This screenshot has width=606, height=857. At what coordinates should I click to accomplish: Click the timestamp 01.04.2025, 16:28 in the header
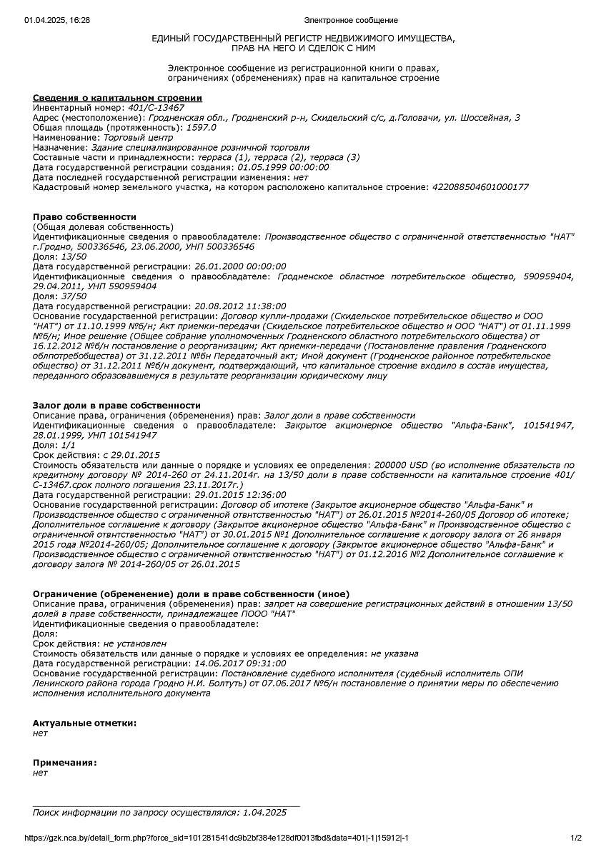[x=57, y=20]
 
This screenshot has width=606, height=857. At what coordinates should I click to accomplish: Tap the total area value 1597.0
[x=201, y=127]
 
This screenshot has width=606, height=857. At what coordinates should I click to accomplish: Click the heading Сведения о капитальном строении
[x=117, y=98]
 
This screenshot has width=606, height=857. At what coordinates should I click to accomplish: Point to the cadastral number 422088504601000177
[x=480, y=186]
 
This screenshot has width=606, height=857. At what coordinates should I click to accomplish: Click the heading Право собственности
[x=84, y=216]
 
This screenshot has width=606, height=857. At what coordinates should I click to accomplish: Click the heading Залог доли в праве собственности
[x=116, y=405]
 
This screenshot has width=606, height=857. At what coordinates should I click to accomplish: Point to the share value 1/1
[x=68, y=445]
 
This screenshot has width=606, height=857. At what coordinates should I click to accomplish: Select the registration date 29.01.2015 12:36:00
[x=240, y=494]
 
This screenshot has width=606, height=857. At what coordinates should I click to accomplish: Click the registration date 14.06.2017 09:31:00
[x=240, y=663]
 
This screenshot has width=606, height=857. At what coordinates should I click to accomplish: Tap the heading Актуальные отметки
[x=84, y=723]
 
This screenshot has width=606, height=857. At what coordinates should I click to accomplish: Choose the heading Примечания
[x=64, y=762]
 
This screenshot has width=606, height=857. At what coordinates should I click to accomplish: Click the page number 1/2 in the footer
[x=576, y=838]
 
